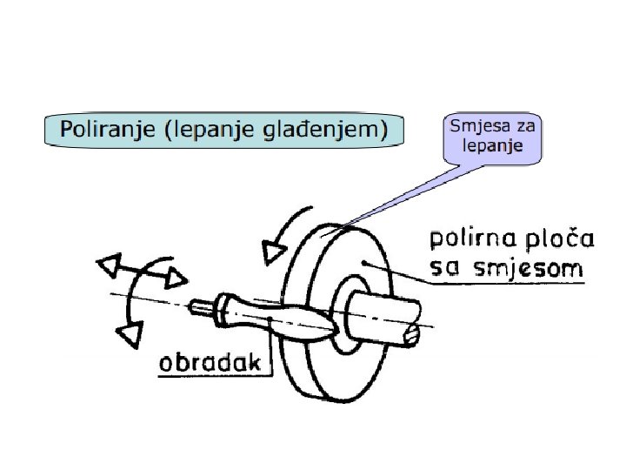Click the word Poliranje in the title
[x=98, y=131]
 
